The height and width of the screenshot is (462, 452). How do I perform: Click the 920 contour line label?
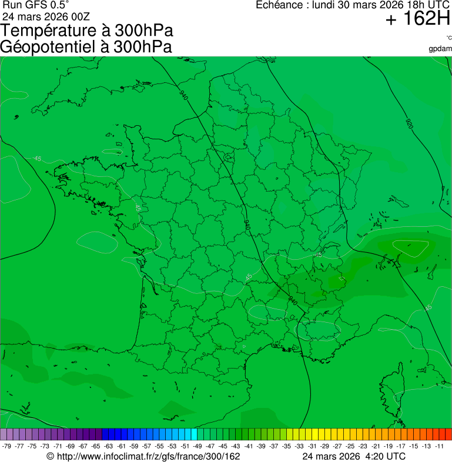409,124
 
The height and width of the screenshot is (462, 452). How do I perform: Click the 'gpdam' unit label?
440,48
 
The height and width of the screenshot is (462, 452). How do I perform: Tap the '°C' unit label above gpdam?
448,38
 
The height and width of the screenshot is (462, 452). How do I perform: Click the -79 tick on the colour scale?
6,446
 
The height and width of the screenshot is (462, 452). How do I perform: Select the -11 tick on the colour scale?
440,446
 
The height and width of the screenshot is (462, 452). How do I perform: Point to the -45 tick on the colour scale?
223,446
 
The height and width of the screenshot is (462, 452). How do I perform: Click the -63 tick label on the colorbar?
108,446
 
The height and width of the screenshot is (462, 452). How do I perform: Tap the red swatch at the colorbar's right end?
448,434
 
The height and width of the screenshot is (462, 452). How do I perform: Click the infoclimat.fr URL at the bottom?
143,456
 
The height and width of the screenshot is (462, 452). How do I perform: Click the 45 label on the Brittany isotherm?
38,159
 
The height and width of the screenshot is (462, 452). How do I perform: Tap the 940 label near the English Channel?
185,95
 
